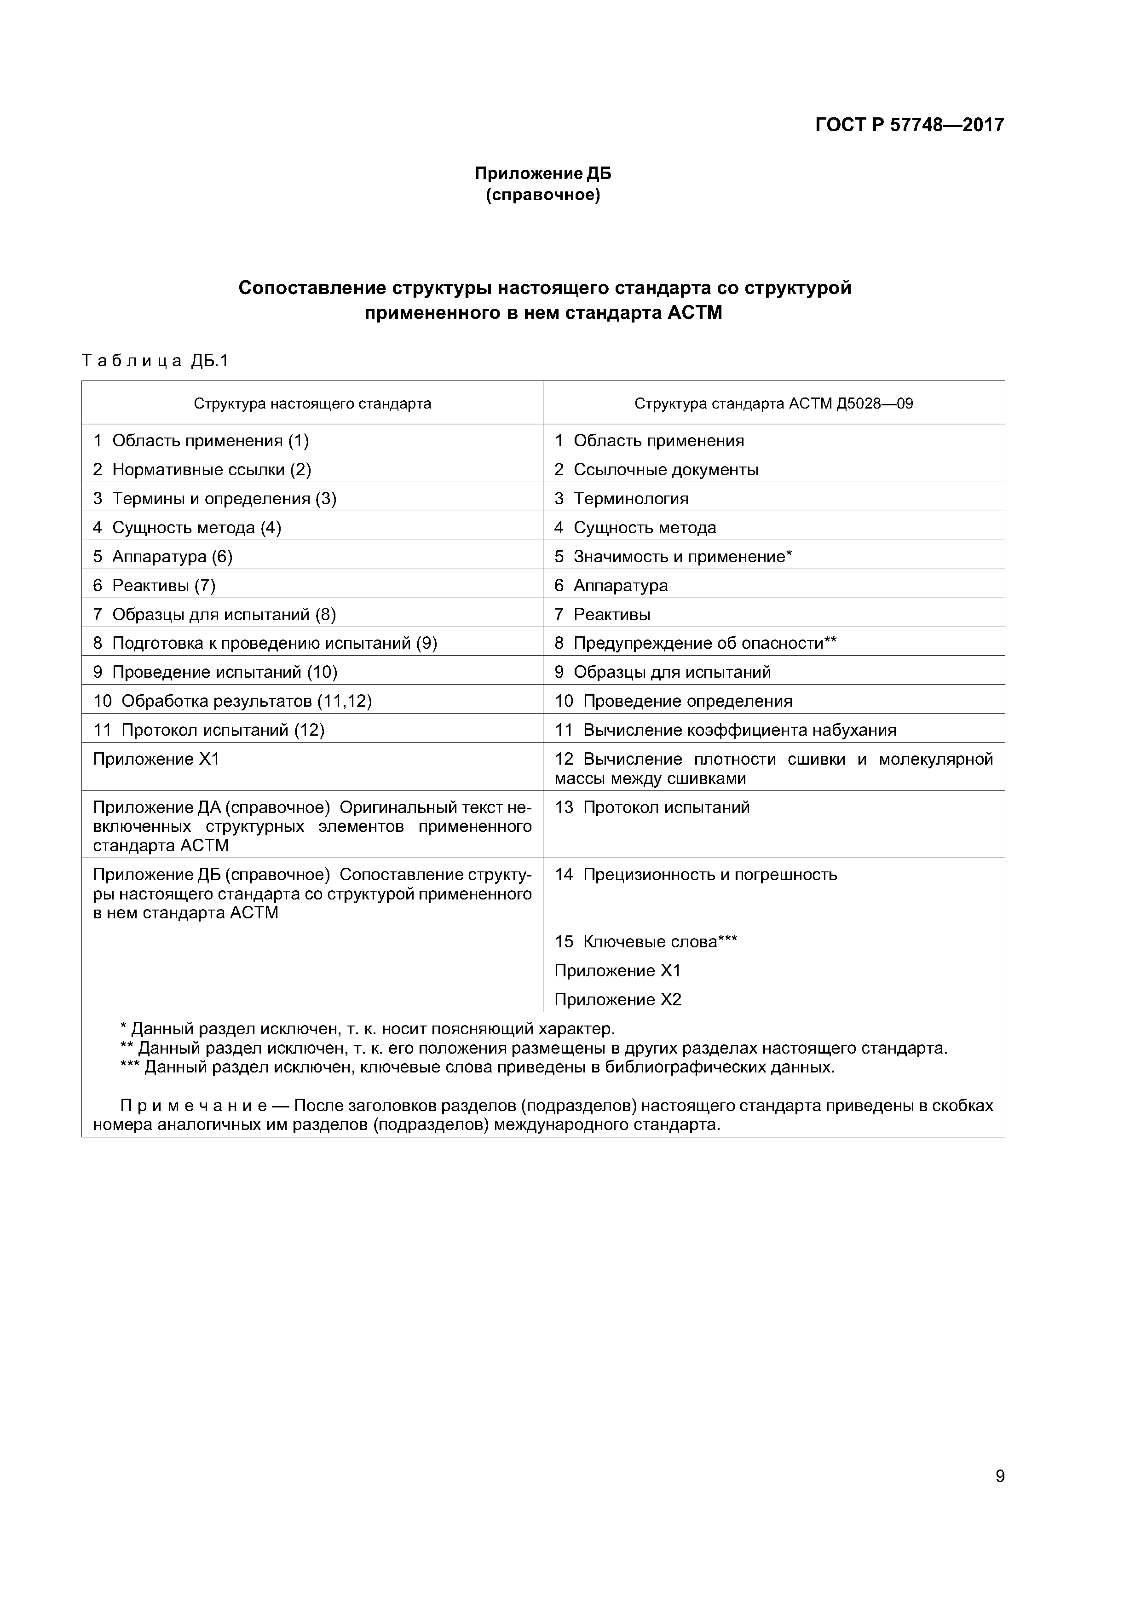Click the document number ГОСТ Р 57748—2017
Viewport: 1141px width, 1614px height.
point(909,125)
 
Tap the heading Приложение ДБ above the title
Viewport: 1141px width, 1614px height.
point(543,173)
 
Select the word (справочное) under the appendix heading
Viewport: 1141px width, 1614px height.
point(543,195)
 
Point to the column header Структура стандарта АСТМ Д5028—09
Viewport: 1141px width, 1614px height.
point(773,403)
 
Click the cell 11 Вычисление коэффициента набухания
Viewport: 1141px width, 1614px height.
point(726,730)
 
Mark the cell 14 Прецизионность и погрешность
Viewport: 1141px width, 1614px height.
point(696,875)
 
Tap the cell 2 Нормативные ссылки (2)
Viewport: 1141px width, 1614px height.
point(202,470)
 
